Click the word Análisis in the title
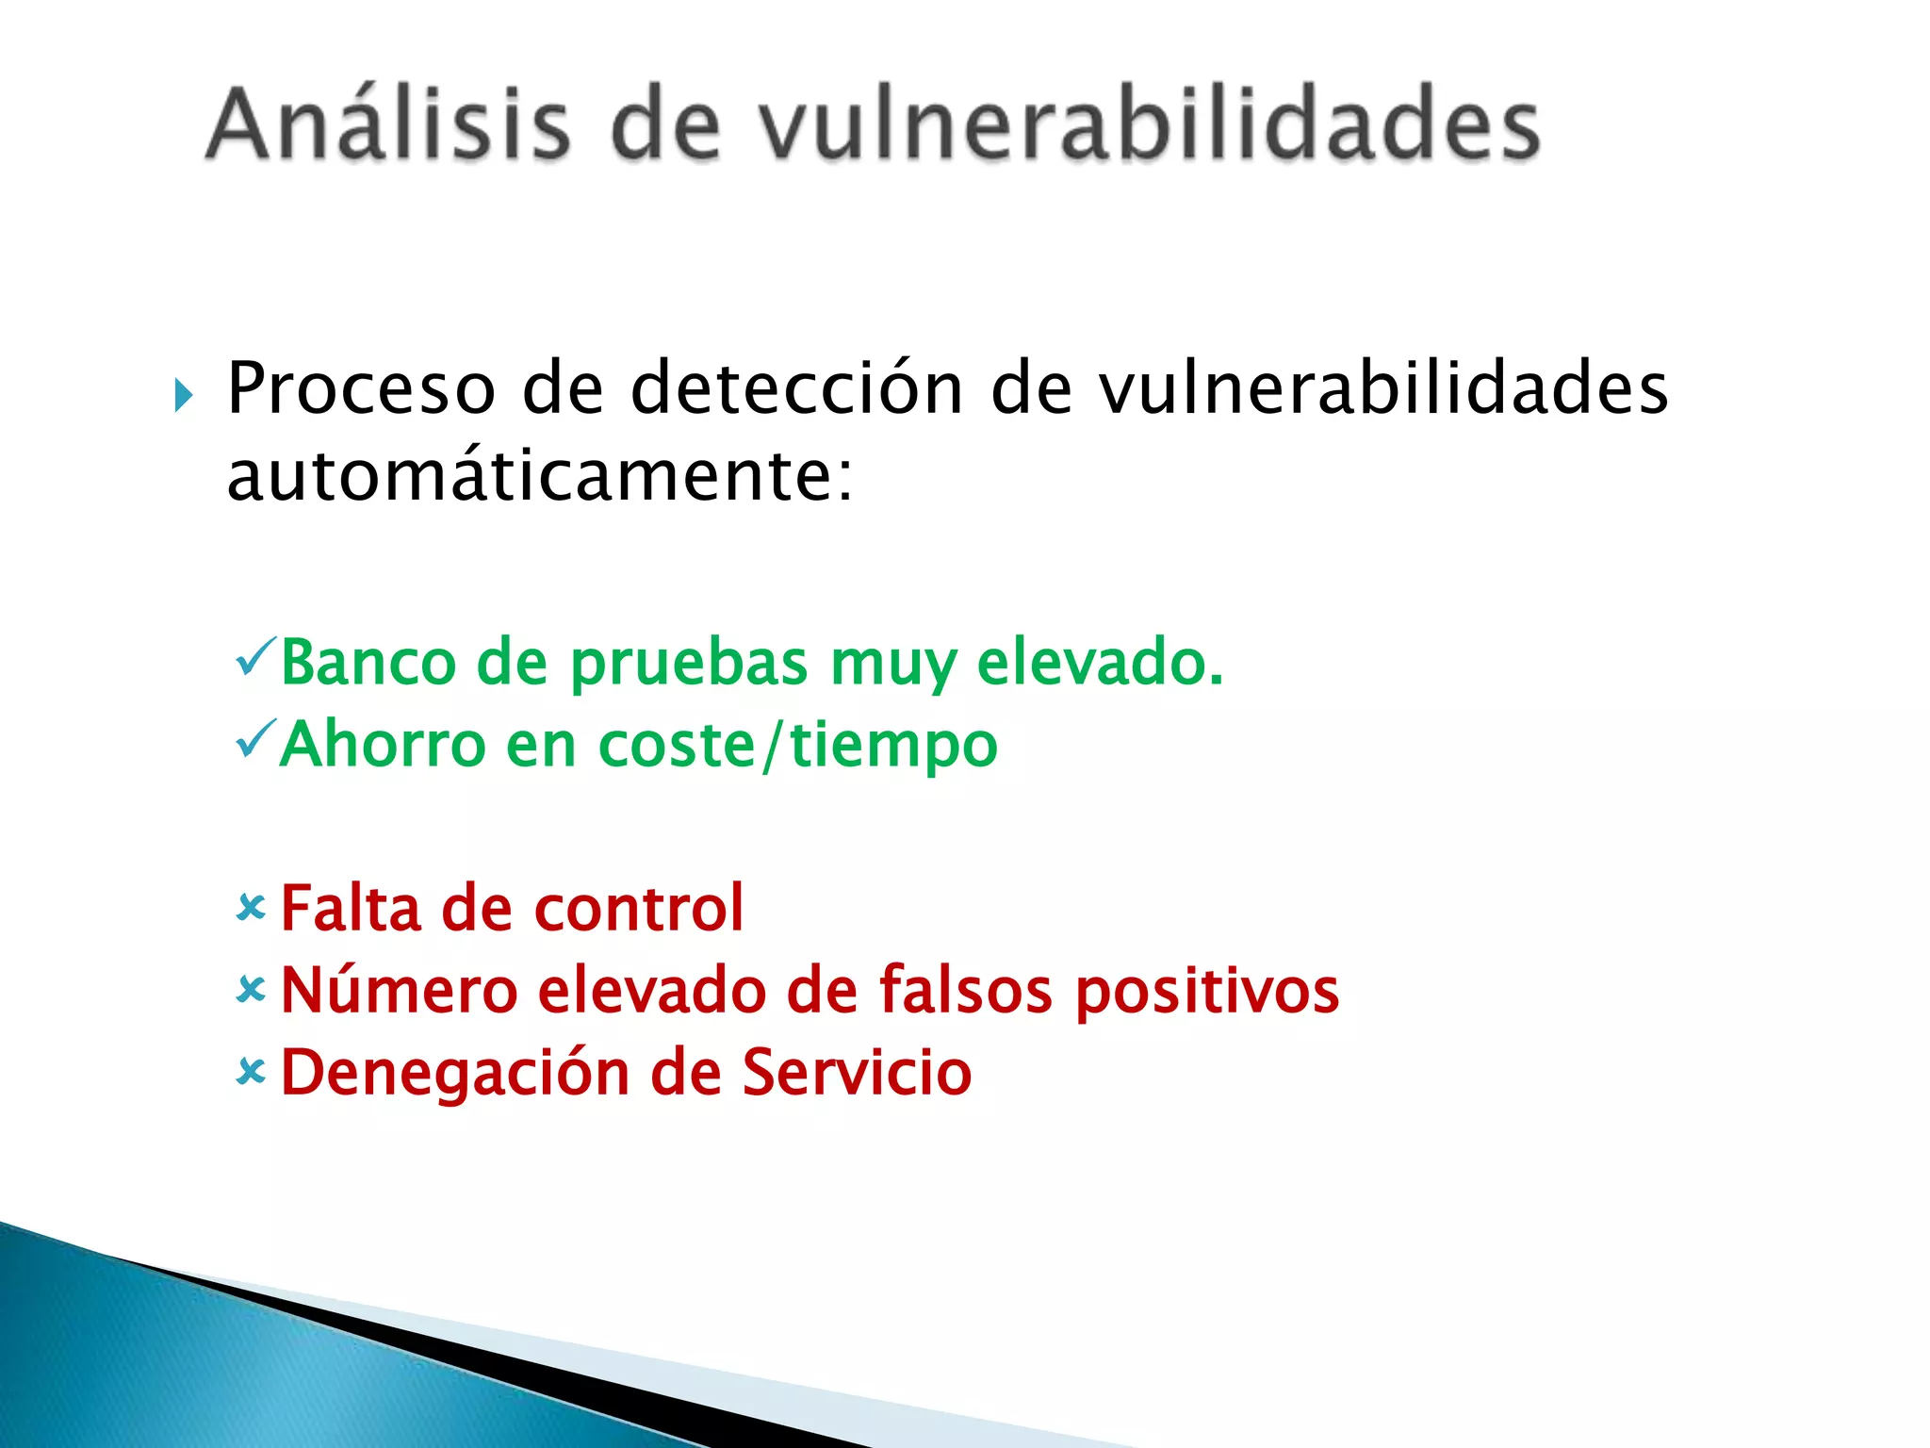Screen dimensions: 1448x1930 coord(388,124)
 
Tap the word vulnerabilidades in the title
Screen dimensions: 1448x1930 coord(1150,124)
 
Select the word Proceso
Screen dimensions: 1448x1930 coord(361,388)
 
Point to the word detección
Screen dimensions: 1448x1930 coord(796,388)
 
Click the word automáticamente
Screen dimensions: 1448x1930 coord(539,475)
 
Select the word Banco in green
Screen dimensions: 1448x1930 coord(368,662)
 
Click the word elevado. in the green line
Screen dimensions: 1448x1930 coord(1100,662)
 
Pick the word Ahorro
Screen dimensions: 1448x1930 coord(382,745)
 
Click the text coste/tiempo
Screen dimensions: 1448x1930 coord(797,745)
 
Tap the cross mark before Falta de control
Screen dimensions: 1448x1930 coord(252,908)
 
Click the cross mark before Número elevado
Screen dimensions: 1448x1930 coord(252,990)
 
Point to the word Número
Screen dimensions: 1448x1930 coord(400,990)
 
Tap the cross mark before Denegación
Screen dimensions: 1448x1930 coord(252,1072)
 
